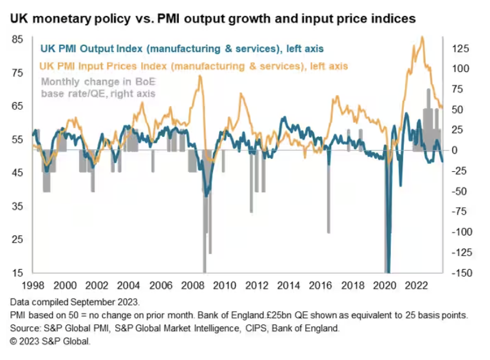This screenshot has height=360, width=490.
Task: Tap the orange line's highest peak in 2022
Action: click(422, 37)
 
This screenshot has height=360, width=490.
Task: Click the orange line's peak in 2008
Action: click(200, 76)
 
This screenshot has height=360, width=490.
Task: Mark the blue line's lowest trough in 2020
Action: click(388, 271)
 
